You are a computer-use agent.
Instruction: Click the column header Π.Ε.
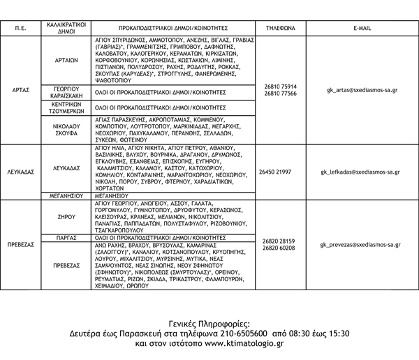[21, 28]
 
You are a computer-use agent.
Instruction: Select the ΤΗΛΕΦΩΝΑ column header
[281, 28]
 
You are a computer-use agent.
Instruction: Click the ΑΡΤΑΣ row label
[21, 90]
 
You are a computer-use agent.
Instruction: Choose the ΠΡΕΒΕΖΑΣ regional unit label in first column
[21, 246]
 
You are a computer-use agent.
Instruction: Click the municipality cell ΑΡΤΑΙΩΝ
[65, 60]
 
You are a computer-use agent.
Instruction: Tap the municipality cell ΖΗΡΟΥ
[65, 217]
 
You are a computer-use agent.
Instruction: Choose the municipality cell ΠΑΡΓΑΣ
[65, 238]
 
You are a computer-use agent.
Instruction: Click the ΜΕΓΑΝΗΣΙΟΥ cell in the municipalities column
[65, 197]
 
